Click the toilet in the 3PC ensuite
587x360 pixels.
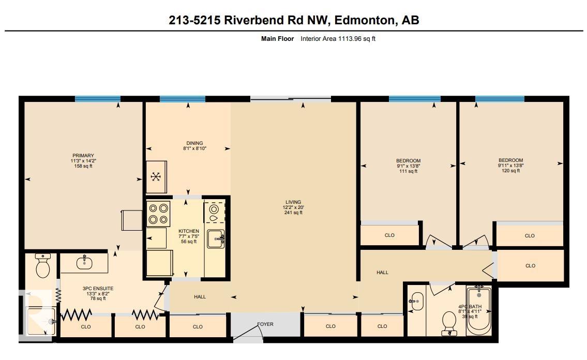click(43, 265)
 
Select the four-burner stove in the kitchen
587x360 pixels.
click(158, 214)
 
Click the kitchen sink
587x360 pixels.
click(216, 239)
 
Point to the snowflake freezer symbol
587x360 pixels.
click(156, 176)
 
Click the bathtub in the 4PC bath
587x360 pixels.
click(478, 310)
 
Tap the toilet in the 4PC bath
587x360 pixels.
click(449, 323)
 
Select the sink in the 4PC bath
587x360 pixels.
click(416, 301)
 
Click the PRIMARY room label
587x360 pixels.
click(83, 156)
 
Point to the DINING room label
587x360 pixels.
click(194, 143)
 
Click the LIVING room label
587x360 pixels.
click(293, 202)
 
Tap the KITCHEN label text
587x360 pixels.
click(189, 231)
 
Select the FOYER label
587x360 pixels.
click(265, 324)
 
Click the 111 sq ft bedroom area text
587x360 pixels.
click(409, 171)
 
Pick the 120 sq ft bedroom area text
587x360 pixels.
click(510, 171)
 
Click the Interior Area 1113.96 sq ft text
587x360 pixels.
click(338, 39)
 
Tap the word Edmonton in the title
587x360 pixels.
click(365, 20)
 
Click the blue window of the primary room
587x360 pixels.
click(98, 99)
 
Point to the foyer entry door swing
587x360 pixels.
click(248, 332)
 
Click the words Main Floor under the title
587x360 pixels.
click(277, 39)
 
